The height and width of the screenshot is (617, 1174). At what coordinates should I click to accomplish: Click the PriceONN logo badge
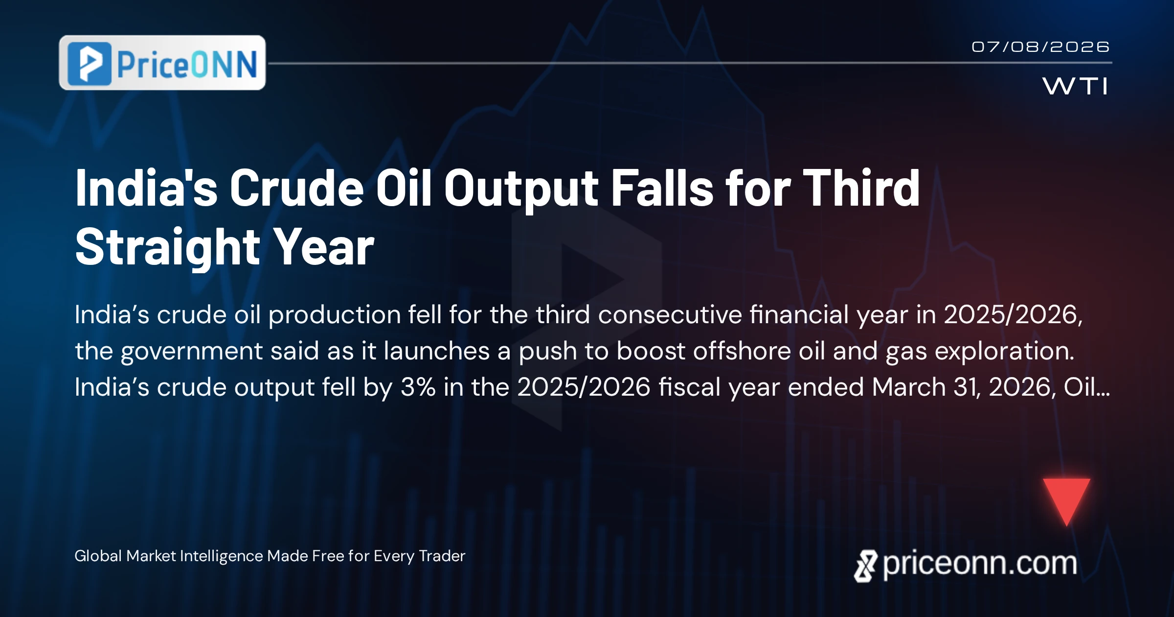[162, 63]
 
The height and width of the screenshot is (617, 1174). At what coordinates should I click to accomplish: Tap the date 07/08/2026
[1040, 47]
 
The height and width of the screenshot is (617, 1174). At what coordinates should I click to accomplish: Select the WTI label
[1075, 86]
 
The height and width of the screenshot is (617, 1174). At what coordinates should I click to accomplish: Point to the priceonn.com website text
[980, 564]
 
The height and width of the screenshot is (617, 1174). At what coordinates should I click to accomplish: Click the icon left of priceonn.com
[866, 566]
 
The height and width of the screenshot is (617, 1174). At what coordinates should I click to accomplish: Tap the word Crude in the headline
[296, 188]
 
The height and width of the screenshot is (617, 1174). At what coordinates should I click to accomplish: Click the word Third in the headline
[861, 188]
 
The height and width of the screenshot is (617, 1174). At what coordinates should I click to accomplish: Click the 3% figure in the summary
[418, 387]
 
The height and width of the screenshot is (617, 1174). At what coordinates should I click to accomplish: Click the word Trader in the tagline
[442, 556]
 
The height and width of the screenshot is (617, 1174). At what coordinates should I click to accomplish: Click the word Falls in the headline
[662, 188]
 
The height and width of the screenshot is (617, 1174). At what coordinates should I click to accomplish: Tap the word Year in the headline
[323, 247]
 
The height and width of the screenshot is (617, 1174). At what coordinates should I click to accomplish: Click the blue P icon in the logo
[90, 64]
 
